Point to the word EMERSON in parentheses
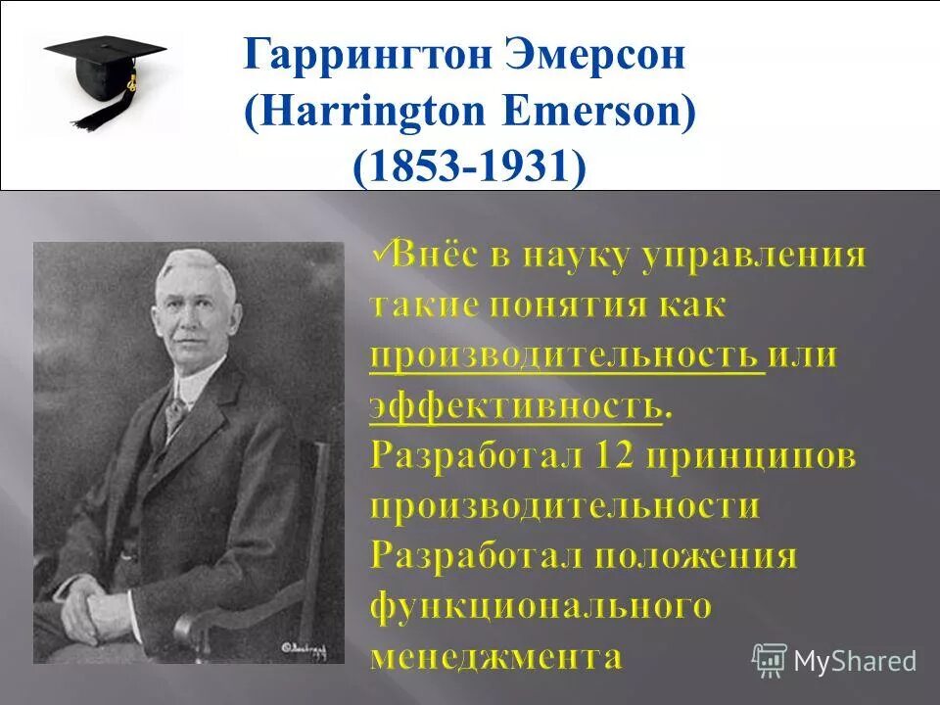tap(599, 111)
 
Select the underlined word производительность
tap(566, 355)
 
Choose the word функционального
tap(540, 606)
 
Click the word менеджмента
tap(496, 655)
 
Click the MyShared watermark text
tap(855, 661)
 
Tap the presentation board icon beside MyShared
tap(770, 661)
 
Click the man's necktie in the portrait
tap(175, 411)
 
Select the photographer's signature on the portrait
tap(307, 647)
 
